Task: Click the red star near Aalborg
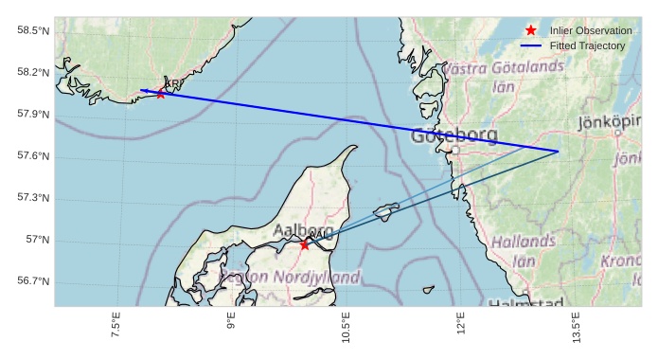[x=304, y=244]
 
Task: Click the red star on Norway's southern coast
[x=161, y=93]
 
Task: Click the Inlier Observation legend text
[x=591, y=30]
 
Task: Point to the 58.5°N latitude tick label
[x=33, y=31]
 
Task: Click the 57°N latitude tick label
[x=38, y=240]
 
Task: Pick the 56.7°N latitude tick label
[x=33, y=281]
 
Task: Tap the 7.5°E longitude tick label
[x=116, y=324]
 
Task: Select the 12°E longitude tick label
[x=461, y=324]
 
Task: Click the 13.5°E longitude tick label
[x=576, y=324]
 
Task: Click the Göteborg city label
[x=454, y=135]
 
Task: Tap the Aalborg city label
[x=303, y=230]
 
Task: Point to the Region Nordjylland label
[x=290, y=278]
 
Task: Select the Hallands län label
[x=524, y=250]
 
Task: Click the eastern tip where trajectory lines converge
[x=558, y=152]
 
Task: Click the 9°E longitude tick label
[x=231, y=324]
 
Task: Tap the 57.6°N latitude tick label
[x=33, y=156]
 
